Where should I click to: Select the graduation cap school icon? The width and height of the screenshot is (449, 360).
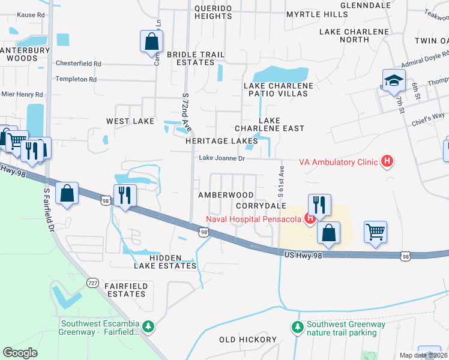(394, 81)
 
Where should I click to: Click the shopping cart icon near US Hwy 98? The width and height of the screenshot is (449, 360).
(375, 231)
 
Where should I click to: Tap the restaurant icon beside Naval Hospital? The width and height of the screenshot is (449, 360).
(319, 204)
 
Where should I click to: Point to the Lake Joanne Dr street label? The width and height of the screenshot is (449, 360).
(222, 159)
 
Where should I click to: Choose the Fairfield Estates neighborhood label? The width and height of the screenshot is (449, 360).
(125, 290)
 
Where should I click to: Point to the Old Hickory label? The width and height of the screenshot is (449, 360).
(247, 340)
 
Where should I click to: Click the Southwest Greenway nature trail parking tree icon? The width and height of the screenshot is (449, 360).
(297, 327)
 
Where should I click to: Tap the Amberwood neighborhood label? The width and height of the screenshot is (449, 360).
(226, 196)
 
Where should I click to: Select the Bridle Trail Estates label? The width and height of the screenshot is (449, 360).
(195, 58)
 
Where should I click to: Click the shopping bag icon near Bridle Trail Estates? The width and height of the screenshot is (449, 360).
(151, 42)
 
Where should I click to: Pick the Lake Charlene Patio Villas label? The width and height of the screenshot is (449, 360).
(279, 90)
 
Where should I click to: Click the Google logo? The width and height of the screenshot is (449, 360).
(20, 353)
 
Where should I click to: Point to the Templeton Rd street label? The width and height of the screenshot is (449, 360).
(76, 79)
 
